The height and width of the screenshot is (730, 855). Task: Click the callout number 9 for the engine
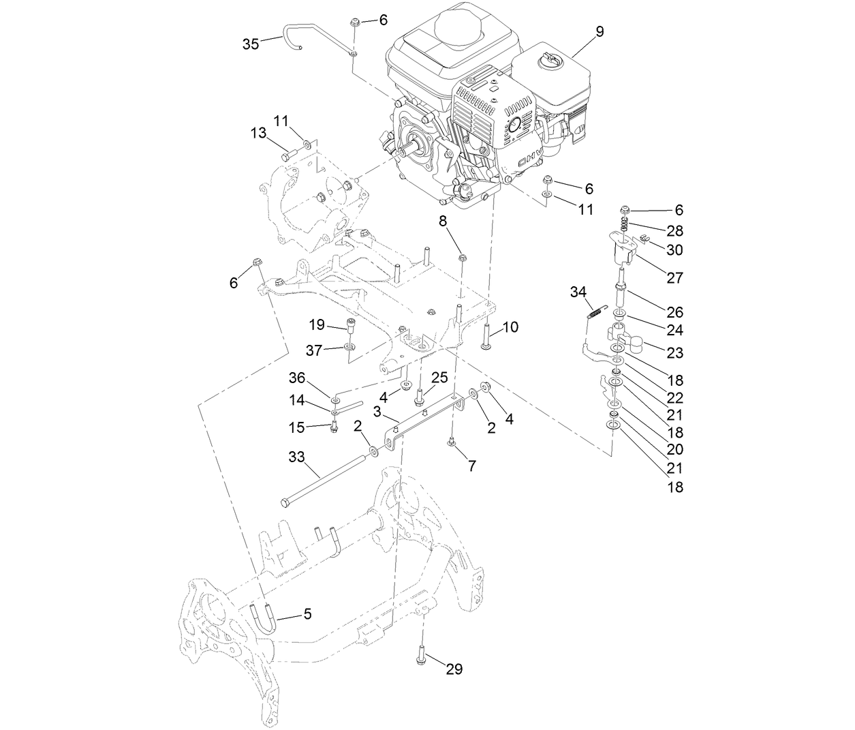[x=599, y=31]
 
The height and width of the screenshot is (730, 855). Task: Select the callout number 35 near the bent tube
[x=251, y=44]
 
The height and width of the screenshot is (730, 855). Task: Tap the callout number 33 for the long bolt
[x=296, y=457]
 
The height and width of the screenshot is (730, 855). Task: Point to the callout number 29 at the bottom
[x=454, y=669]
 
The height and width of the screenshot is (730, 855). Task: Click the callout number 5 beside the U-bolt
[x=307, y=614]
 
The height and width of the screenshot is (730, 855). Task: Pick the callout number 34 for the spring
[x=578, y=292]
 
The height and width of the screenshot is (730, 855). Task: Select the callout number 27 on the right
[x=674, y=278]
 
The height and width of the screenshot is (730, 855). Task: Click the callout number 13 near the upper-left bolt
[x=258, y=133]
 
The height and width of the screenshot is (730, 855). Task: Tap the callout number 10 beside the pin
[x=510, y=327]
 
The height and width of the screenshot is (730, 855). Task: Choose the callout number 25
[x=439, y=377]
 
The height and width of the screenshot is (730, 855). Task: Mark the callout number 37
[x=314, y=350]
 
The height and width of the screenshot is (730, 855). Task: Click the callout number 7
[x=471, y=466]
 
